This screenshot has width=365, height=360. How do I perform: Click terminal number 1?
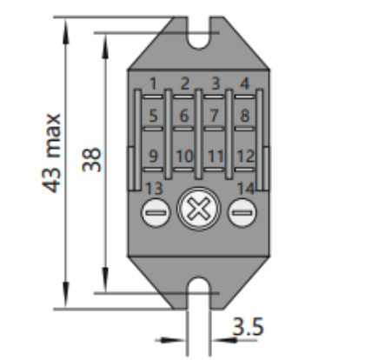153,83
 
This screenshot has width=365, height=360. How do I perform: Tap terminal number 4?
245,83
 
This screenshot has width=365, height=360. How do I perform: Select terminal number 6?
184,116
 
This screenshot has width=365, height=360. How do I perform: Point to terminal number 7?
214,116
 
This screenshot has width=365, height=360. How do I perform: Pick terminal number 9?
153,157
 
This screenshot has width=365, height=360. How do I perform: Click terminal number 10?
184,157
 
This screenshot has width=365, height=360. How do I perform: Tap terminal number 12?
246,157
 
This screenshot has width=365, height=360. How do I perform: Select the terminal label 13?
154,189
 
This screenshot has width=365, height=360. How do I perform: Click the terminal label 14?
246,189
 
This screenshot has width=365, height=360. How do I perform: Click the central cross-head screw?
199,209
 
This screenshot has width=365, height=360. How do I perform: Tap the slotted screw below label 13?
156,213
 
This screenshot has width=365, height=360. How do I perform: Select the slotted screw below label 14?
242,213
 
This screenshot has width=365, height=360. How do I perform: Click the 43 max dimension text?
52,153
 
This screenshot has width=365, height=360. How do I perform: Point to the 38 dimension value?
92,160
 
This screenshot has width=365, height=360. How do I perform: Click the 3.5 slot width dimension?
248,327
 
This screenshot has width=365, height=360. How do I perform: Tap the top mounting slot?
199,32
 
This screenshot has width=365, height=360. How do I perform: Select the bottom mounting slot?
199,293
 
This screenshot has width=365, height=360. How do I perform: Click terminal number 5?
153,116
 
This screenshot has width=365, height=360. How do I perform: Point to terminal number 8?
245,116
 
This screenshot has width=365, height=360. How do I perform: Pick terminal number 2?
184,83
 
